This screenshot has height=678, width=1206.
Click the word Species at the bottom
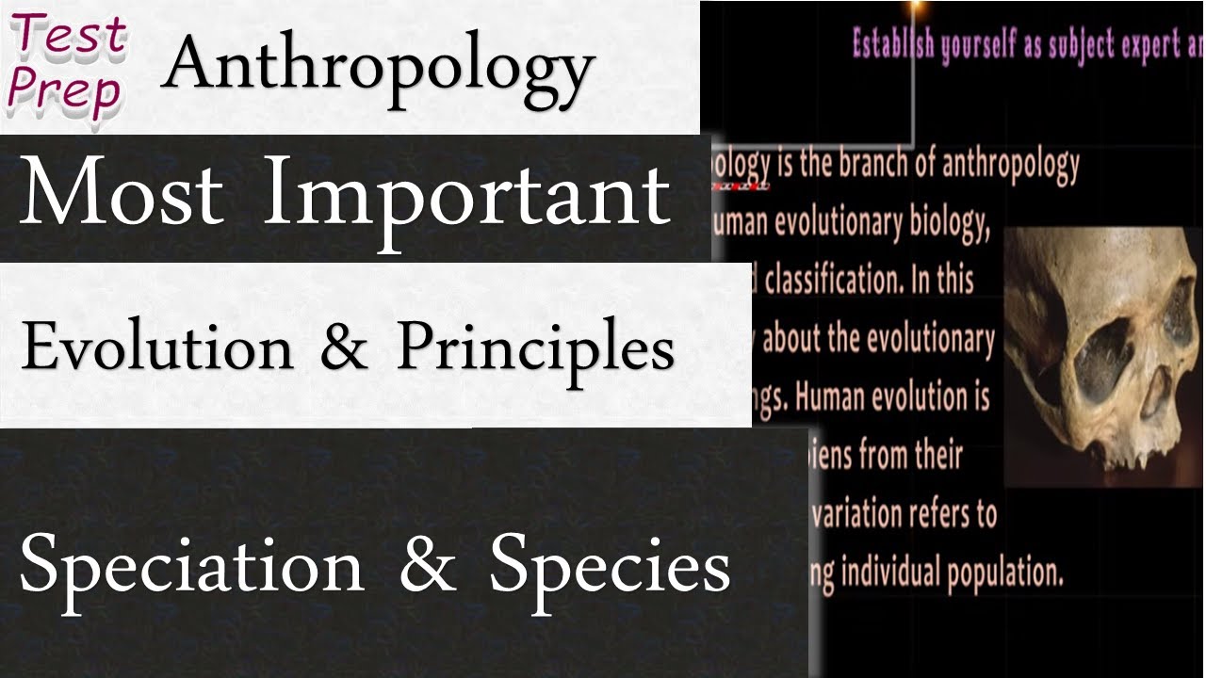pos(610,568)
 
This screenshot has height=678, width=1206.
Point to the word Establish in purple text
pos(896,44)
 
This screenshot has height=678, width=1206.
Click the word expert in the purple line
pos(1127,46)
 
